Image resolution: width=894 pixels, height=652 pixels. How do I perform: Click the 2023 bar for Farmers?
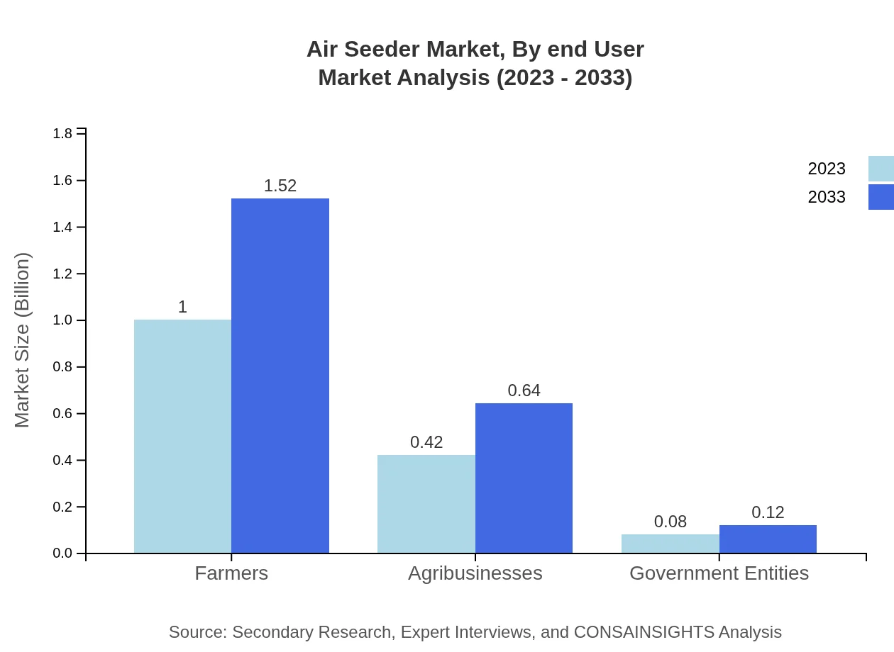182,436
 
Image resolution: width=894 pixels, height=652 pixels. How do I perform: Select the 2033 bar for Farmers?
280,376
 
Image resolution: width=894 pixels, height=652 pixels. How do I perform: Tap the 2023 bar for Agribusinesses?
426,504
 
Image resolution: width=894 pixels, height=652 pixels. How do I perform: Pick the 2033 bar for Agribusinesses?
524,478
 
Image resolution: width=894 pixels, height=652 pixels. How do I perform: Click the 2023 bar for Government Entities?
670,544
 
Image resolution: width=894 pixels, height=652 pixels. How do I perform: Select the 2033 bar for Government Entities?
768,539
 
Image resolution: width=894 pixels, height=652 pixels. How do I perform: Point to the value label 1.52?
280,186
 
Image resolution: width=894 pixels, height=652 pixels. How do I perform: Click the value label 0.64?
524,390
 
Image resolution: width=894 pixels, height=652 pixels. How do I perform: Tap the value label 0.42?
426,442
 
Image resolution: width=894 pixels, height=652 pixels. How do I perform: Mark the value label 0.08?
670,522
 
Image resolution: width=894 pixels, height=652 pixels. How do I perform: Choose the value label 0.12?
768,512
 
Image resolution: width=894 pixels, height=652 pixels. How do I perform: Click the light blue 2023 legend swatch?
881,169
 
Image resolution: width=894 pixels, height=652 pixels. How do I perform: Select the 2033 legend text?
827,197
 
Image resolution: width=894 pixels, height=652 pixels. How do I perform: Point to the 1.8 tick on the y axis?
63,134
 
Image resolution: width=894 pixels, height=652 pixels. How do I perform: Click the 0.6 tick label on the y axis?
63,414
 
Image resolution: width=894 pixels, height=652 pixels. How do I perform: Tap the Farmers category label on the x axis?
231,573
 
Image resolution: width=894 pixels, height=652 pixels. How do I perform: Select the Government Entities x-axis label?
719,573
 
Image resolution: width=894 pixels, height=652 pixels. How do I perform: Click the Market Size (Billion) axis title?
22,340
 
